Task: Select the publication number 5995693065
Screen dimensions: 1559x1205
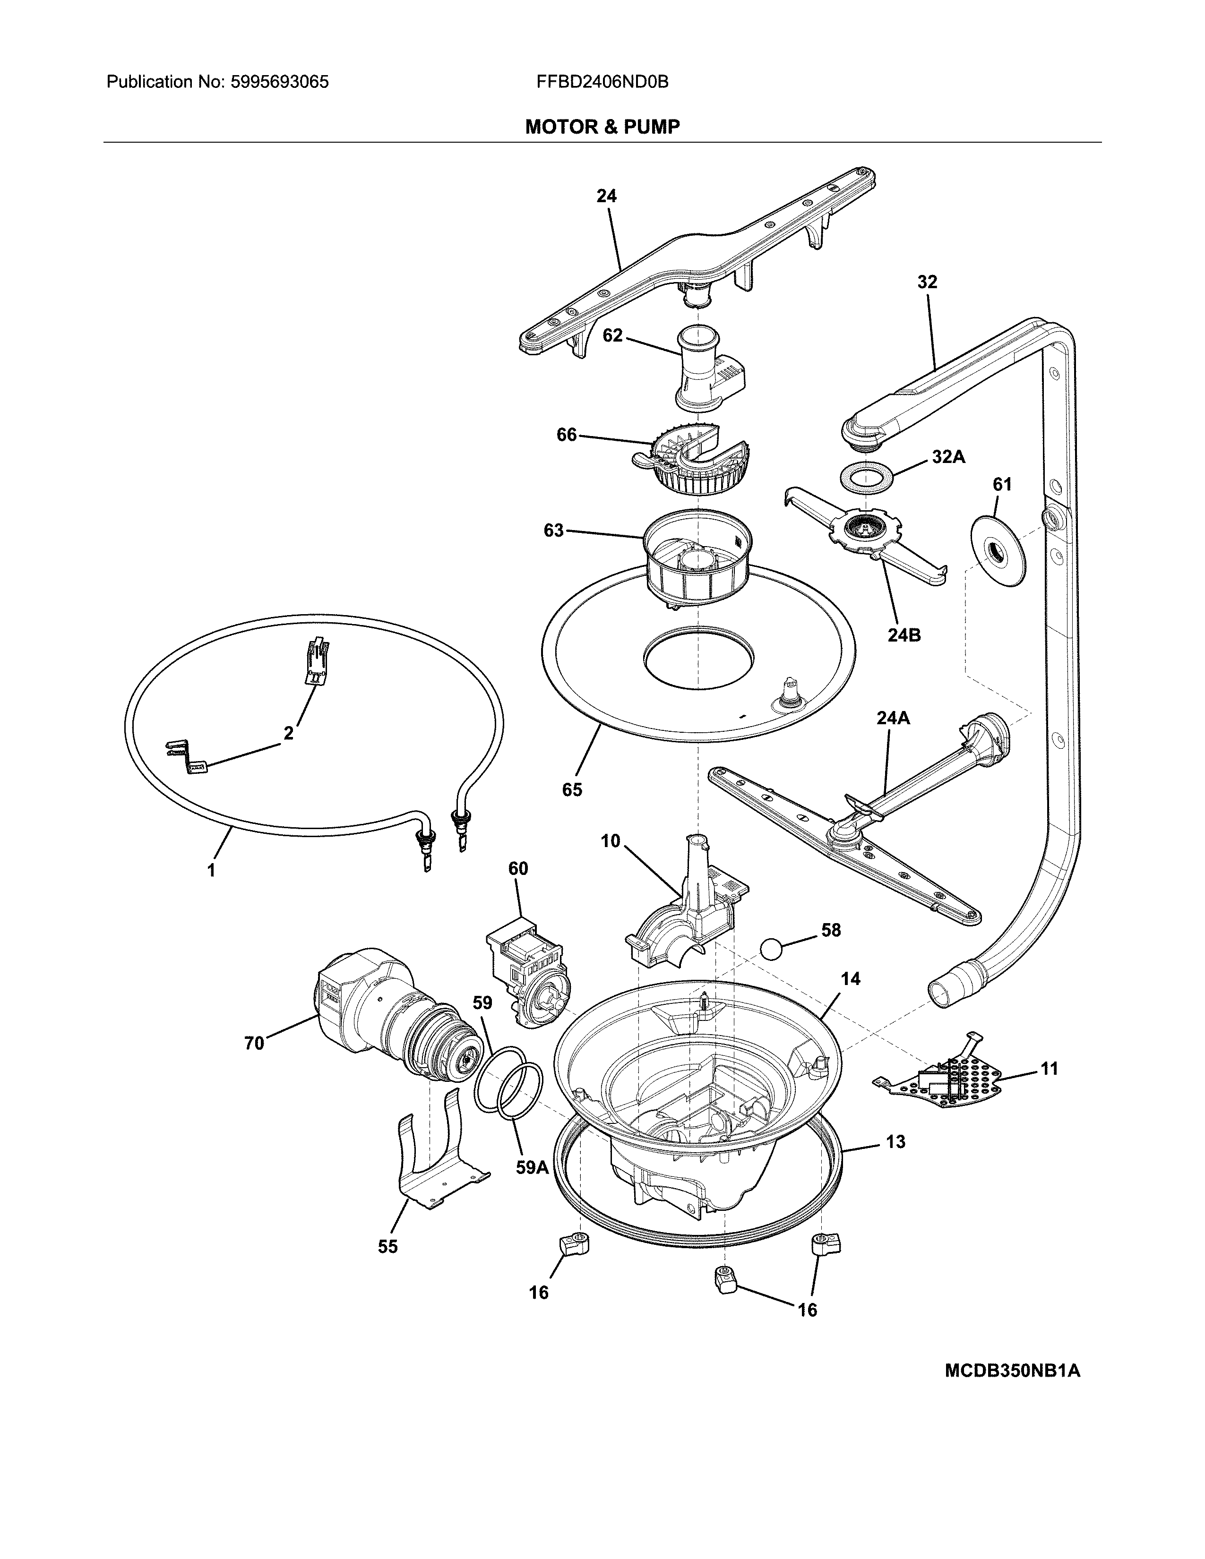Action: click(280, 82)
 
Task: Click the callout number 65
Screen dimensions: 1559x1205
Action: click(572, 789)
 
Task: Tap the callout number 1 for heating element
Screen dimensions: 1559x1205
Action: click(211, 870)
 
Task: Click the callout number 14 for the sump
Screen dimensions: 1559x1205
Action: click(850, 979)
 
